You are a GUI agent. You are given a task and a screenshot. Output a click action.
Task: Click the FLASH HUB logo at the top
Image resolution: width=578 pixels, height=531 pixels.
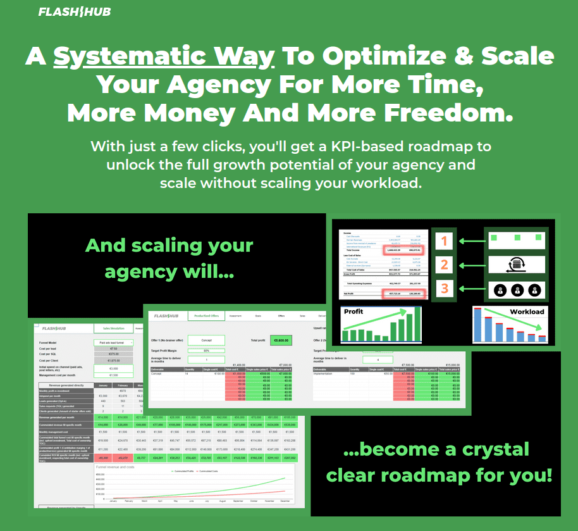pyautogui.click(x=74, y=12)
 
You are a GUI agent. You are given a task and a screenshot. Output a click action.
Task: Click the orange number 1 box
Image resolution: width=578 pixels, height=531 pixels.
pyautogui.click(x=444, y=241)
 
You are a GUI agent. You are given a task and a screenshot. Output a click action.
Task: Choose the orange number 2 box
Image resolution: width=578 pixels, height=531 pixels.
pyautogui.click(x=444, y=265)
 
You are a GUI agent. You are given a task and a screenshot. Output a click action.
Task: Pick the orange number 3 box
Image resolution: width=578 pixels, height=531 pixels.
pyautogui.click(x=444, y=289)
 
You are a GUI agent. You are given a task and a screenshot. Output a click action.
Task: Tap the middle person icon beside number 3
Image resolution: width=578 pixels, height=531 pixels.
pyautogui.click(x=519, y=290)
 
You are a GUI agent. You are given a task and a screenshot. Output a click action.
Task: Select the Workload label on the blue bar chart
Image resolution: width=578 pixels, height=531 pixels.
pyautogui.click(x=526, y=311)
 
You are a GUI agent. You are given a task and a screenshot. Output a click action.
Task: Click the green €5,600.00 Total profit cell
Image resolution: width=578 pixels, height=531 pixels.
pyautogui.click(x=280, y=340)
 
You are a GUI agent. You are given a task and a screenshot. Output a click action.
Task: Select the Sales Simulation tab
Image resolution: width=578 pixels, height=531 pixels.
pyautogui.click(x=113, y=328)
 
